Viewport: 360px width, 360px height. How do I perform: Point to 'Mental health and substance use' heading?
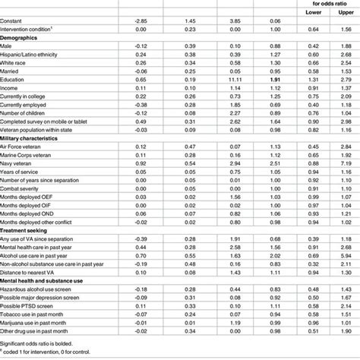47,280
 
